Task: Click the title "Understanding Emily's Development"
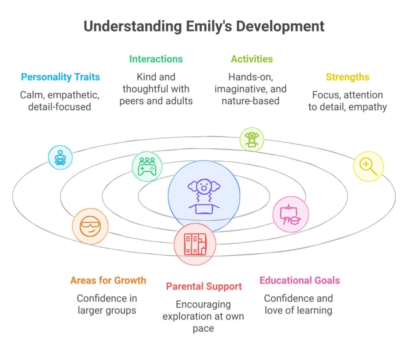pyautogui.click(x=204, y=26)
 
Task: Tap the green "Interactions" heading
pyautogui.click(x=156, y=59)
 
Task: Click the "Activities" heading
pyautogui.click(x=252, y=59)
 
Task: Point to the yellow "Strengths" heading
pyautogui.click(x=347, y=77)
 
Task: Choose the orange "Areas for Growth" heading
pyautogui.click(x=108, y=280)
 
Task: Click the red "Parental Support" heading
pyautogui.click(x=204, y=286)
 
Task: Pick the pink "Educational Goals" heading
pyautogui.click(x=300, y=280)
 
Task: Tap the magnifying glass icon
pyautogui.click(x=368, y=166)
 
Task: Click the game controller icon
pyautogui.click(x=147, y=166)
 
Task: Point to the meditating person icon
pyautogui.click(x=60, y=157)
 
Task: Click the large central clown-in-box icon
pyautogui.click(x=204, y=197)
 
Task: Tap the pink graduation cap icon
pyautogui.click(x=290, y=214)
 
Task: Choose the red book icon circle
pyautogui.click(x=195, y=244)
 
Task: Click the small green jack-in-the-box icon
pyautogui.click(x=251, y=139)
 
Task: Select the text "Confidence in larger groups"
pyautogui.click(x=106, y=304)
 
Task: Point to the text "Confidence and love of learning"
pyautogui.click(x=298, y=304)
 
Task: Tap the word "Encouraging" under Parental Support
pyautogui.click(x=204, y=305)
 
